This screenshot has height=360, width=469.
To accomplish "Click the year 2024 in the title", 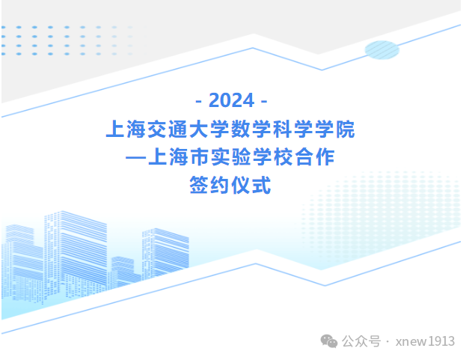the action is tap(232, 100).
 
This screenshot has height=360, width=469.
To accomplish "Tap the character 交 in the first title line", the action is tap(157, 129).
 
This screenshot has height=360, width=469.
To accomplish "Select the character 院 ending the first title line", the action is tap(345, 129).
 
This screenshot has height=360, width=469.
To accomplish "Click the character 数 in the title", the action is tap(240, 129).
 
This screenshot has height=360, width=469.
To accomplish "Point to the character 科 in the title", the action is tap(282, 129).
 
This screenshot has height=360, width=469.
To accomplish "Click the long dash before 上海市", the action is tap(136, 157).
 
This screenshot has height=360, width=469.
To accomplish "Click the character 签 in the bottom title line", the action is tap(199, 185).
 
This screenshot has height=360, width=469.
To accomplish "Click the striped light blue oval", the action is tap(382, 49).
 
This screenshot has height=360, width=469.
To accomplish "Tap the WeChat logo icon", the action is tap(329, 341).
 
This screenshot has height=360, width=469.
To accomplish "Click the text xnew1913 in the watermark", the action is tap(425, 341).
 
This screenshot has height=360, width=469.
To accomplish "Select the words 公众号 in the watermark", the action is tap(361, 341).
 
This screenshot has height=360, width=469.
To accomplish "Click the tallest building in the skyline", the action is tap(76, 254).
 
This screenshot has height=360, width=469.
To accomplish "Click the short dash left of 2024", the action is tap(199, 102).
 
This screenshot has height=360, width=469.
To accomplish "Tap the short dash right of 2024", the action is tap(264, 102).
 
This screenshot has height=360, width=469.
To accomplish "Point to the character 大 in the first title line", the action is tap(199, 129).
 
